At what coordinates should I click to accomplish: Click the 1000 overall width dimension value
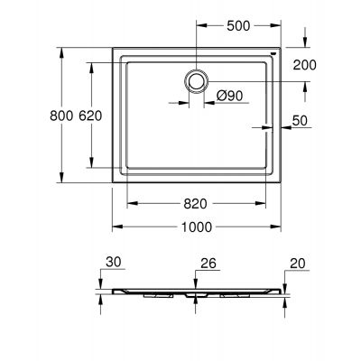tap(196, 227)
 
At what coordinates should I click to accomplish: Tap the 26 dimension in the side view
tap(207, 264)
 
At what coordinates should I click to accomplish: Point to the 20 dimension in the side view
tap(298, 264)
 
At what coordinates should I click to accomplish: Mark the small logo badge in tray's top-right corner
tap(273, 54)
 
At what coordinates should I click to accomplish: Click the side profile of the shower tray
tap(195, 292)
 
